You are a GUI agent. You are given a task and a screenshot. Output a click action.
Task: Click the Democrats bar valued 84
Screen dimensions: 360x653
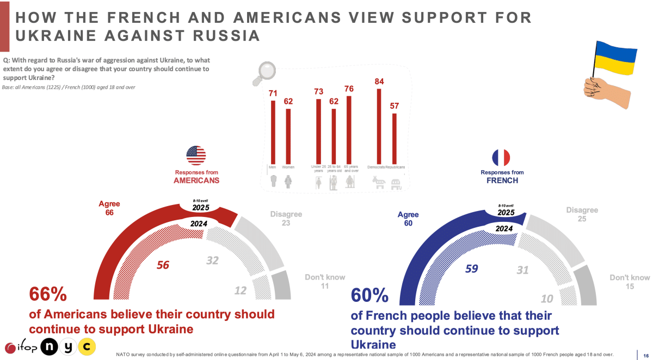click(x=379, y=125)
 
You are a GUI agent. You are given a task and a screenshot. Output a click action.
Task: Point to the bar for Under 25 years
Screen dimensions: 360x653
click(x=318, y=130)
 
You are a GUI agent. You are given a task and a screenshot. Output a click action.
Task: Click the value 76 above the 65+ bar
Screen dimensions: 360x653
click(x=349, y=89)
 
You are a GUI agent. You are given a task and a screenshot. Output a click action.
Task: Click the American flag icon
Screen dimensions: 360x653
click(x=196, y=156)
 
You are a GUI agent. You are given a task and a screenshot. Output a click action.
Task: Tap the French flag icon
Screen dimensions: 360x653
click(x=501, y=158)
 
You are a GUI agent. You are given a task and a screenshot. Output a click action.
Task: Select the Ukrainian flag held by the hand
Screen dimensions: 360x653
click(x=615, y=58)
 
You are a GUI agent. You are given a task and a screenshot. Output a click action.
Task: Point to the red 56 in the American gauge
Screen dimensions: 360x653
click(x=163, y=265)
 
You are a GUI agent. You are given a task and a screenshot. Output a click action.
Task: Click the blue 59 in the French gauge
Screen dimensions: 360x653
click(x=471, y=268)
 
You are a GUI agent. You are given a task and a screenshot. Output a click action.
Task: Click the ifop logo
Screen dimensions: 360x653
click(x=21, y=346)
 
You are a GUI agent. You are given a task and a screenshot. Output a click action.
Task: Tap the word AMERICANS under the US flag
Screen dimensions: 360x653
click(x=196, y=180)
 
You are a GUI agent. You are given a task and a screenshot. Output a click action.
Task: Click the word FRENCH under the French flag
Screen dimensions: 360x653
click(x=502, y=180)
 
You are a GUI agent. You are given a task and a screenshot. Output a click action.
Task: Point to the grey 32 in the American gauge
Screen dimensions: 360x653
click(x=212, y=261)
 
